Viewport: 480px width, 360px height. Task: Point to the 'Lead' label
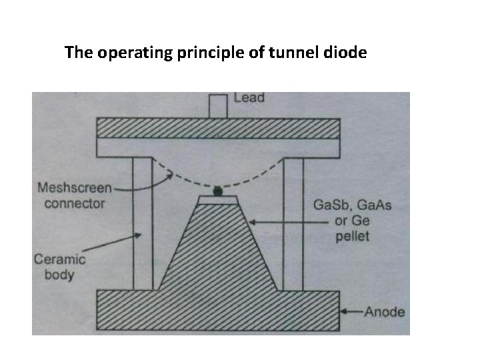(x=249, y=98)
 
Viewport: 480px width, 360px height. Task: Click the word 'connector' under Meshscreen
(x=74, y=203)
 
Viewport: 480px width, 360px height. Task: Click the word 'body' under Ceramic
(x=56, y=275)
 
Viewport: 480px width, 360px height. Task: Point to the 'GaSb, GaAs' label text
(x=353, y=205)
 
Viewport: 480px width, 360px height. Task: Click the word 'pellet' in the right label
(x=354, y=236)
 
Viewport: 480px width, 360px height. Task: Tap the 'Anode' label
(x=385, y=311)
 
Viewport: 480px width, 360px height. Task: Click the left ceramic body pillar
(x=143, y=223)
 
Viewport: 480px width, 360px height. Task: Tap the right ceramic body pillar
(x=294, y=223)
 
